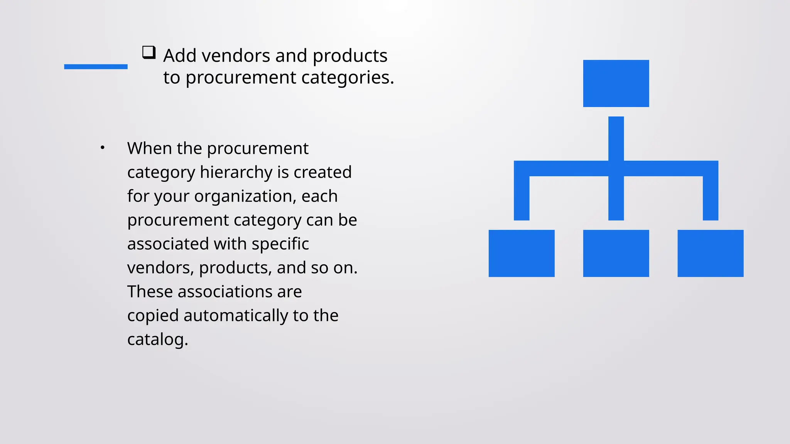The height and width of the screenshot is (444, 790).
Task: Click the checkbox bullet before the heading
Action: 149,52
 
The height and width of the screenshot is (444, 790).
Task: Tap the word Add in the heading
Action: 180,56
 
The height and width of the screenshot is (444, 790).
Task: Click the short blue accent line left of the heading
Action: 96,67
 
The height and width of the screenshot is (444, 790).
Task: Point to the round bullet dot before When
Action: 102,148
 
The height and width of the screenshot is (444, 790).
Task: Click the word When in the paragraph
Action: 150,148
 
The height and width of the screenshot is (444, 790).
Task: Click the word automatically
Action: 236,316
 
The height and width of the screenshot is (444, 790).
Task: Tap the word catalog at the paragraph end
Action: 157,340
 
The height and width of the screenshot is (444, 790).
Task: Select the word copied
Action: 153,316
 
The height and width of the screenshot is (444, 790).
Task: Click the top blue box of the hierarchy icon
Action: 616,83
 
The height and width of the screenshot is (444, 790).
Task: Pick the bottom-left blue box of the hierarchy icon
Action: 522,253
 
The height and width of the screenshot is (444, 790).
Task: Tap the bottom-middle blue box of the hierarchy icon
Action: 616,253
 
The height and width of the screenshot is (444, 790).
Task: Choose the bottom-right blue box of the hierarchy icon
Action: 710,253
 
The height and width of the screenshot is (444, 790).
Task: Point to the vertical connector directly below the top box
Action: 616,138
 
